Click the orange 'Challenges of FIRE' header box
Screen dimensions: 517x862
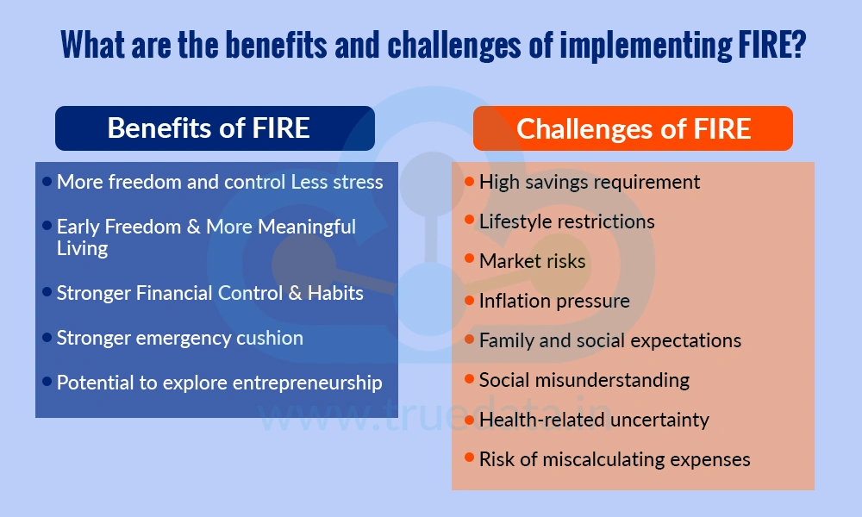pos(633,128)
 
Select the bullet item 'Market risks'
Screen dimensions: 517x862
pos(532,261)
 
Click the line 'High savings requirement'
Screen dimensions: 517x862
pos(590,182)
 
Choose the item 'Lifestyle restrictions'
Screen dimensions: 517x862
pos(566,221)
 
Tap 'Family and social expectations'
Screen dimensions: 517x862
pos(609,340)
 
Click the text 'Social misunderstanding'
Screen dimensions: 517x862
pos(584,380)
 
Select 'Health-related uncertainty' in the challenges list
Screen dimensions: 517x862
pos(594,420)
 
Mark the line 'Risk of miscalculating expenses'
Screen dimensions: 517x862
pos(615,459)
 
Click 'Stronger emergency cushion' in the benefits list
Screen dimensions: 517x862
pos(179,338)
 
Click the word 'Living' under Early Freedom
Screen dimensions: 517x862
pos(82,249)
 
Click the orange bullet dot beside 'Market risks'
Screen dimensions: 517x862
pos(469,259)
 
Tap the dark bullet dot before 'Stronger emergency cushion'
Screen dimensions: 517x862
pos(47,337)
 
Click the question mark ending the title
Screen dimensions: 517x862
pos(796,45)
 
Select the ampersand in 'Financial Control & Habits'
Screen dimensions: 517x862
pos(294,293)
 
